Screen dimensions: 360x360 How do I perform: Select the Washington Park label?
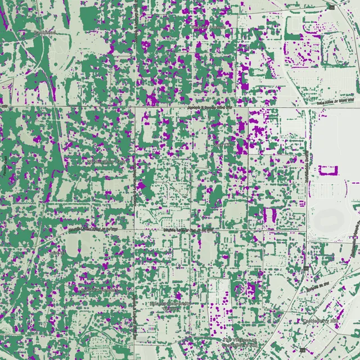coord(105,161)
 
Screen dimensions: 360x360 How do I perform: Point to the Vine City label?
coord(224,145)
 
